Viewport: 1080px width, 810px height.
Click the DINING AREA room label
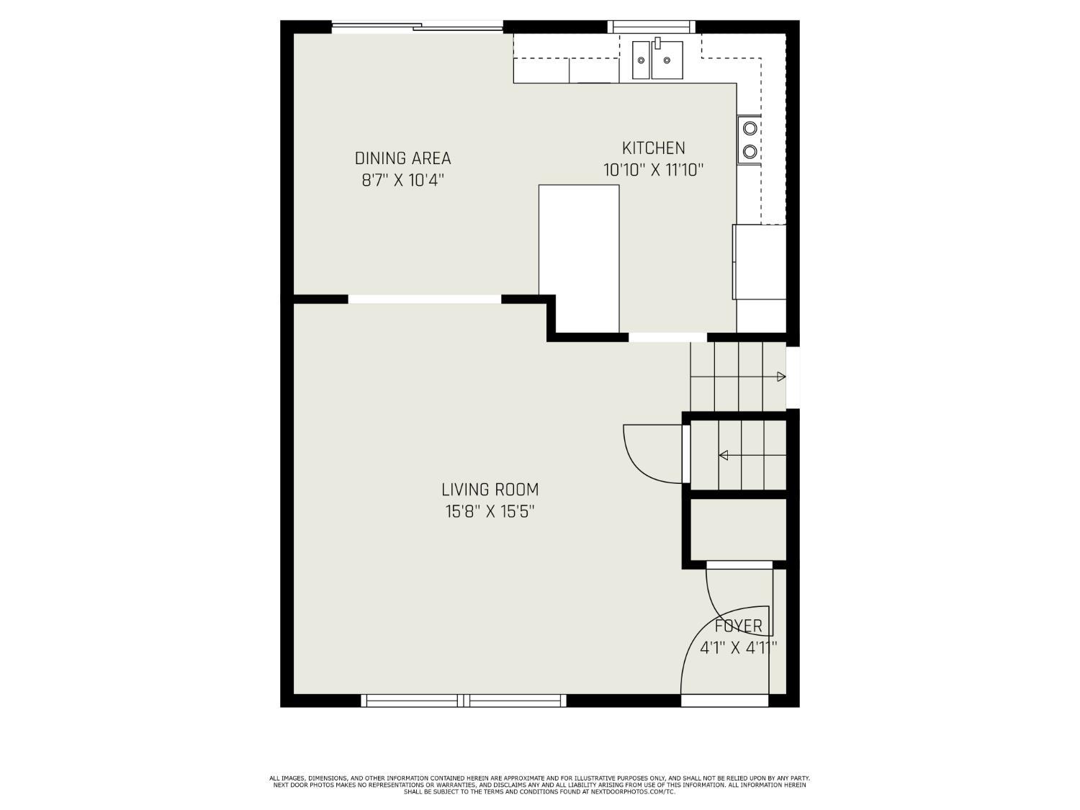402,158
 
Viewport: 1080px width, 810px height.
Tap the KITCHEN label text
653,148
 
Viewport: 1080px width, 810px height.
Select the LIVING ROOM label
490,490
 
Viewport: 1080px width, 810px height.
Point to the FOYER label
738,626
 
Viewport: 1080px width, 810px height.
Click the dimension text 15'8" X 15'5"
490,512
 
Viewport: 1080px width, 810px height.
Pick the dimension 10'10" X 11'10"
653,171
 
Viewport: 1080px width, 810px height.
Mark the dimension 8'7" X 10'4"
402,180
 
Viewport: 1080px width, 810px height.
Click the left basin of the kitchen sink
641,60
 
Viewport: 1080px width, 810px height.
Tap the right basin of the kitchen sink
667,60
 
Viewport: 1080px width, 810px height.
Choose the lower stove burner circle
750,151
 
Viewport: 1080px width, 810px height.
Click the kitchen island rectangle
579,258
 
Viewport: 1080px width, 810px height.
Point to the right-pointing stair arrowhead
781,377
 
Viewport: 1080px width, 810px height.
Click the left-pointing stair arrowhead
724,455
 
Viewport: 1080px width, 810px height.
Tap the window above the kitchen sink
652,27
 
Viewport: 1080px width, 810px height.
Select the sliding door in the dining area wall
417,28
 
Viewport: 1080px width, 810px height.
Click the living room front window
464,700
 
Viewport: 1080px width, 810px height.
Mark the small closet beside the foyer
738,528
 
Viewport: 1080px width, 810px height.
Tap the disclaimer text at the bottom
539,785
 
